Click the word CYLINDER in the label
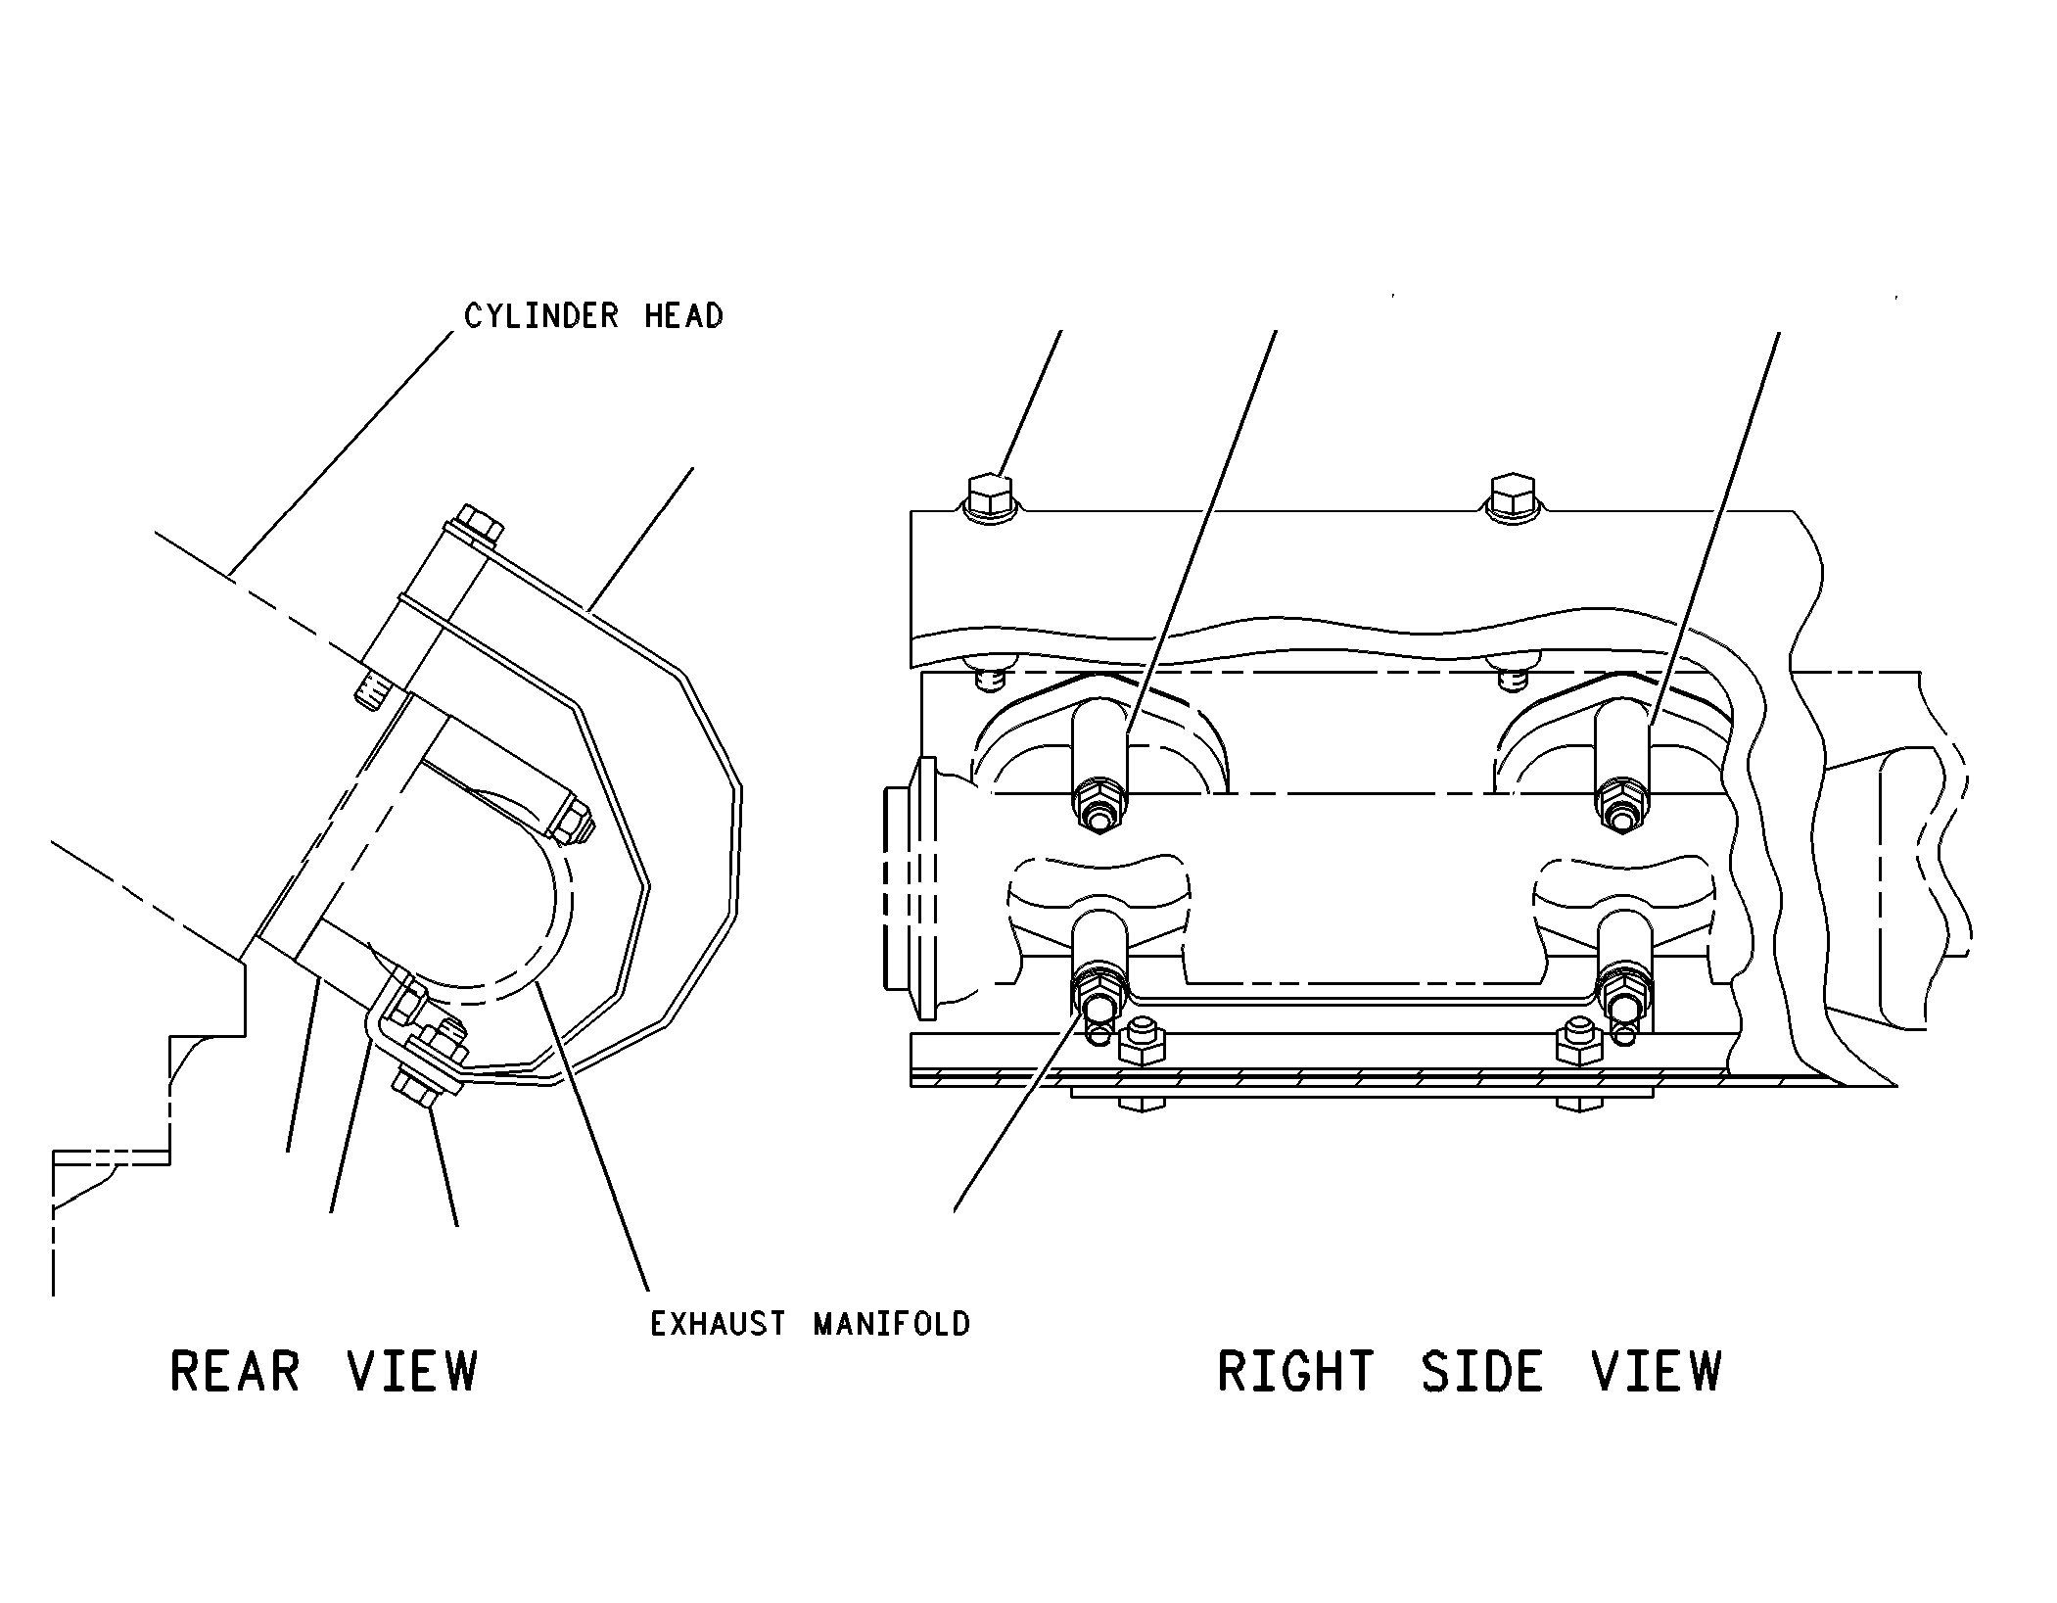coord(541,316)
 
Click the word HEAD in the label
coord(683,316)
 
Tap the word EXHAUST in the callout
coord(718,1324)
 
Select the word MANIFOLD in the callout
coord(891,1324)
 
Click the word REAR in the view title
coord(235,1371)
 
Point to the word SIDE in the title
coord(1482,1371)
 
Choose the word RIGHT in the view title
coord(1296,1371)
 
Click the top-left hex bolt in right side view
coord(991,497)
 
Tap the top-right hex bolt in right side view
coord(1513,497)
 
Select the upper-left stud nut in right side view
coord(1099,806)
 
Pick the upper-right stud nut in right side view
coord(1621,806)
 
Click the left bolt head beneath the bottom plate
coord(1140,1104)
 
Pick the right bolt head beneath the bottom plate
coord(1578,1104)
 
